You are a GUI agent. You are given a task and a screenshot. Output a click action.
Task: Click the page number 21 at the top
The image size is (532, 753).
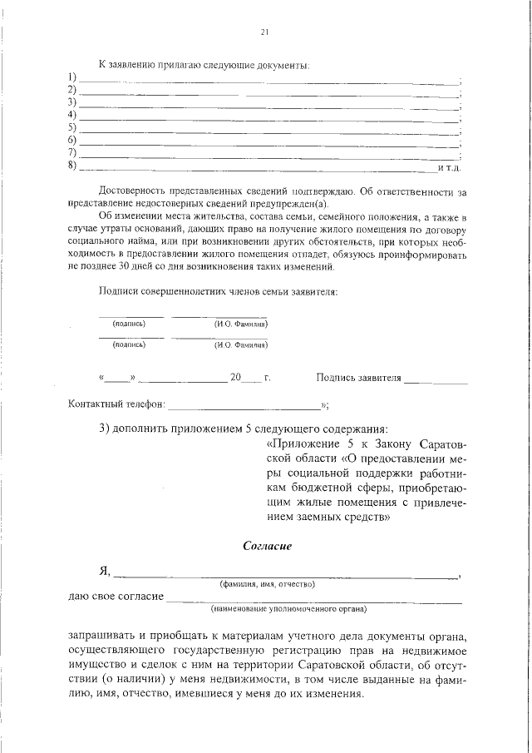264,32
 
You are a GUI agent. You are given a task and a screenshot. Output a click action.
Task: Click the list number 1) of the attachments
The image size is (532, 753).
72,77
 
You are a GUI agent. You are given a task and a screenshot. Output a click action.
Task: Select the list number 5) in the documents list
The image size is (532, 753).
72,127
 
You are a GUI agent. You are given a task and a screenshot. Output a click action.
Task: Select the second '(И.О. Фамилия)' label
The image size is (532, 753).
240,344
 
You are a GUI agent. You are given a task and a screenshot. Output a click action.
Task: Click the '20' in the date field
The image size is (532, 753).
235,377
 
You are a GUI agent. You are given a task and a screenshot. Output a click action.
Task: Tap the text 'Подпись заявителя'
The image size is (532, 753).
358,378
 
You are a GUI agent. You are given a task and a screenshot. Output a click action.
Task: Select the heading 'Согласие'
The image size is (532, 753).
267,546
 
